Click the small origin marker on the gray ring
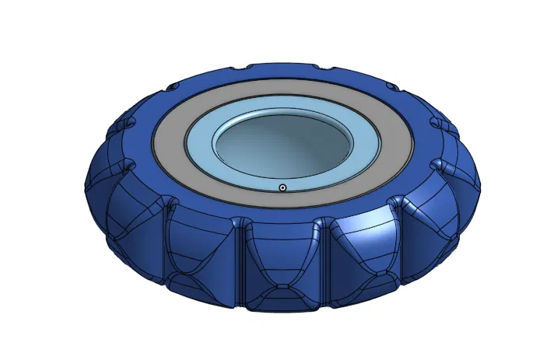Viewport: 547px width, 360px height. [282, 187]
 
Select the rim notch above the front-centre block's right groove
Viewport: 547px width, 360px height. [318, 225]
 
